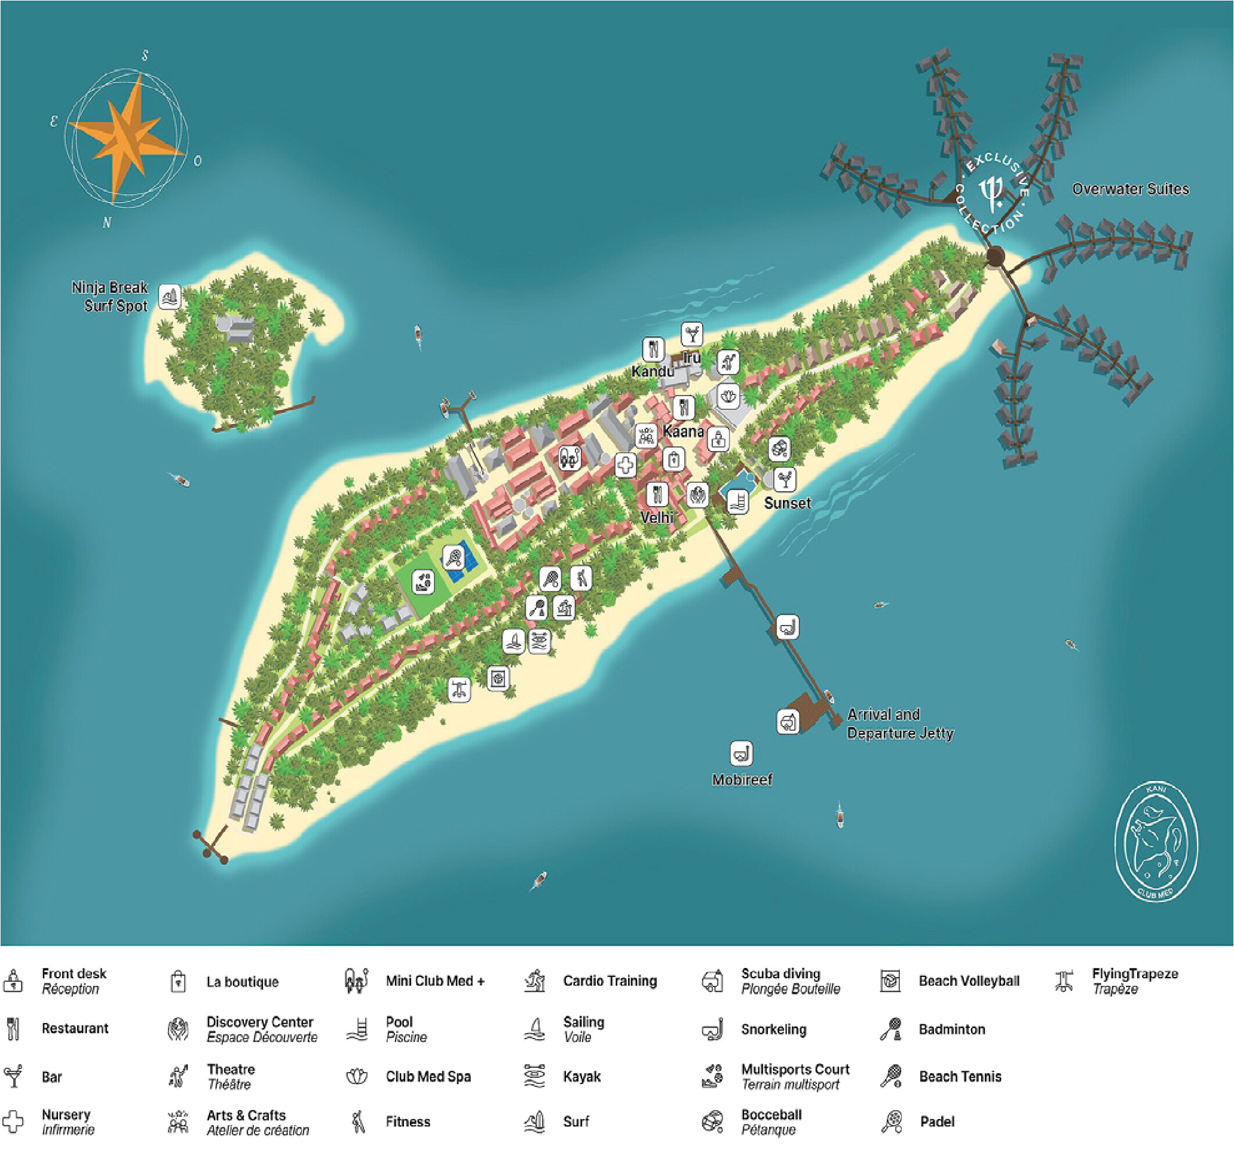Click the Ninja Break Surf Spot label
110,297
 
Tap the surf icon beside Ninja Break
170,297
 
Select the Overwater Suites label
1129,189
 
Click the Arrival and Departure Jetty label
899,724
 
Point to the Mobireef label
742,780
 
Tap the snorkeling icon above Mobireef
741,753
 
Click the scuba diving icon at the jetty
788,721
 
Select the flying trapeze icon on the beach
459,689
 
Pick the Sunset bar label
787,503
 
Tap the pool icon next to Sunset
737,501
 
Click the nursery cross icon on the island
625,464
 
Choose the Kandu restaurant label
653,371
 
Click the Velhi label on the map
657,517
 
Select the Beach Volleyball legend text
968,981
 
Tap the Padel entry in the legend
936,1122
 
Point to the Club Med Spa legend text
428,1077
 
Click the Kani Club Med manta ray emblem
1156,841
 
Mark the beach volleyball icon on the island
498,678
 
